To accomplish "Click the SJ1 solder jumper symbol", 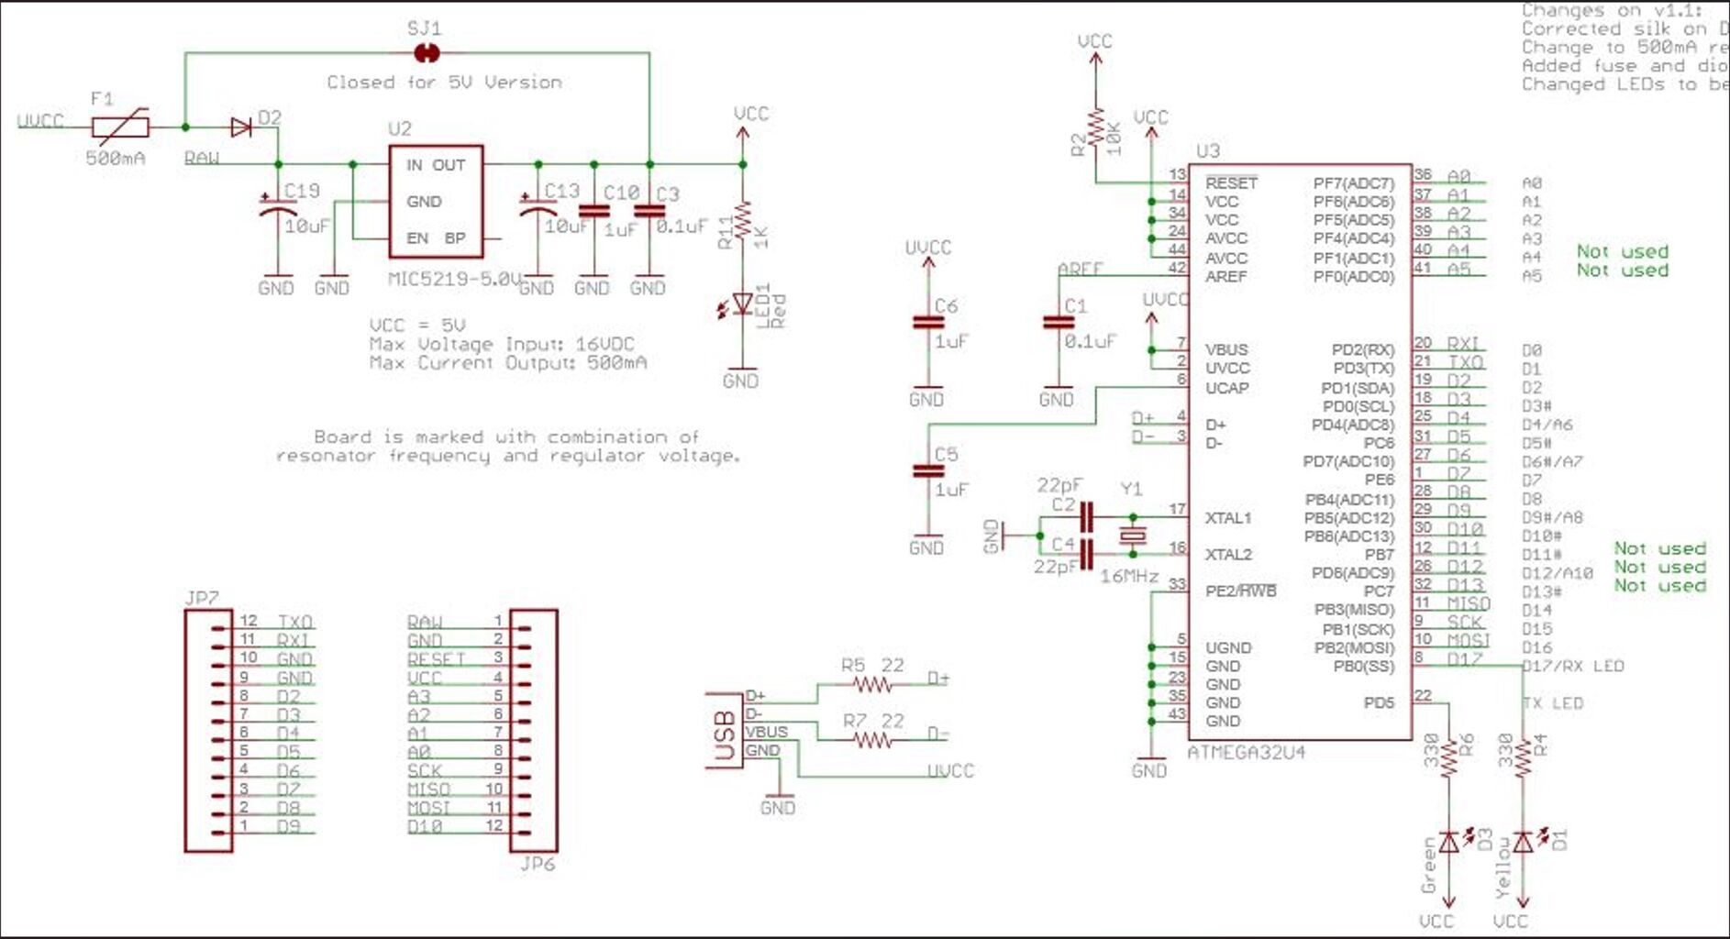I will point(427,53).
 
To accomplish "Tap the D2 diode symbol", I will point(242,127).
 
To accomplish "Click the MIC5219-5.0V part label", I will point(454,278).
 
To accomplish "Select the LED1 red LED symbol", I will point(742,304).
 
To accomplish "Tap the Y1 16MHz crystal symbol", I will point(1134,536).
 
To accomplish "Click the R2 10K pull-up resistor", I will point(1095,131).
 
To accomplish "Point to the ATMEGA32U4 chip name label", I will point(1246,753).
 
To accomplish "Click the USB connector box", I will point(725,730).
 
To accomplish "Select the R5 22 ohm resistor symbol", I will point(871,685).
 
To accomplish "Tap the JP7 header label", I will point(202,598).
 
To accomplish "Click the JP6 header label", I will point(537,864).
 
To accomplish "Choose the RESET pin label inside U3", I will point(1231,182).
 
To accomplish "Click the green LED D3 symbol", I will point(1449,841).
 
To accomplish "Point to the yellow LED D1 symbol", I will point(1524,841).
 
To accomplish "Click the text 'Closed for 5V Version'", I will point(445,83).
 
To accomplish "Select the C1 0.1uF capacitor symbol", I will point(1059,323).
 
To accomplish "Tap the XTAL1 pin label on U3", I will point(1227,518).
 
